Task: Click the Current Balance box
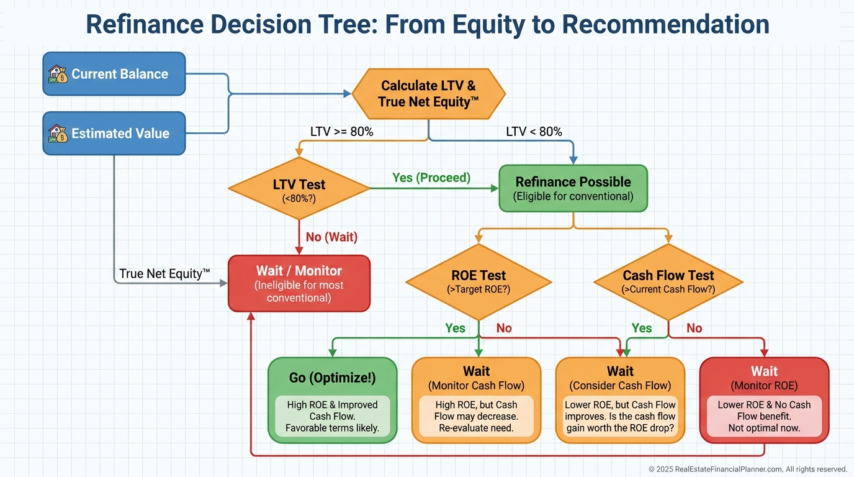(114, 74)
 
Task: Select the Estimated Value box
(114, 133)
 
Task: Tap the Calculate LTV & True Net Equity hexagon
(428, 94)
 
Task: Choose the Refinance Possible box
(573, 188)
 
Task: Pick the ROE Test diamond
(479, 281)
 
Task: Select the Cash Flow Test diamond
(668, 281)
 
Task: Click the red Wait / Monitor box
(299, 283)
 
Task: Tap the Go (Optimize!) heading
(332, 378)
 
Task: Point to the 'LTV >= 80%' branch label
(341, 132)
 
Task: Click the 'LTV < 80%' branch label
(534, 132)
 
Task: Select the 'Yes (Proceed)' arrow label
(431, 178)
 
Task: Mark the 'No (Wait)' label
(331, 237)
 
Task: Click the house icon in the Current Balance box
(58, 74)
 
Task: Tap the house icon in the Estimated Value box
(58, 133)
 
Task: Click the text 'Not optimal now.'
(764, 428)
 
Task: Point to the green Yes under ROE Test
(455, 328)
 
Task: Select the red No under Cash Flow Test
(694, 328)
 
